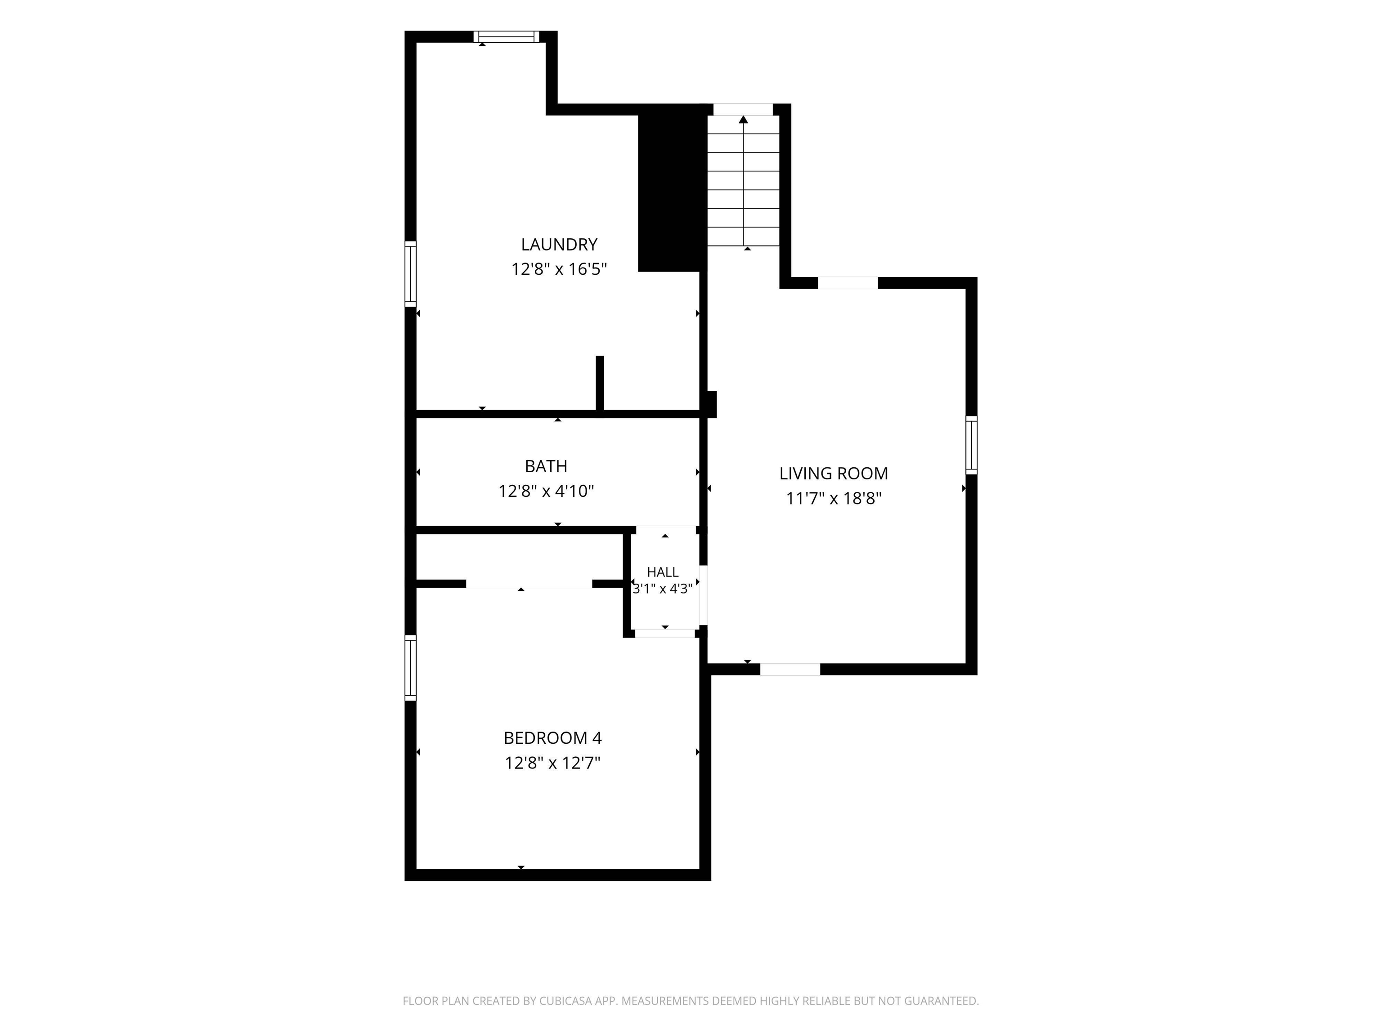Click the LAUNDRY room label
point(559,244)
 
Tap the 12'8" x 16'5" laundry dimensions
point(559,269)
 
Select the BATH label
point(546,466)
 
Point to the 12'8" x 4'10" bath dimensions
point(546,491)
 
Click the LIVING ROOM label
point(834,473)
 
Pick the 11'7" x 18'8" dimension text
point(834,498)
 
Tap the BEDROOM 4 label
point(553,738)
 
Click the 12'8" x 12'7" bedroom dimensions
point(553,763)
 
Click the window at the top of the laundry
point(506,37)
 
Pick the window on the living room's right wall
point(972,445)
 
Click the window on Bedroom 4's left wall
point(410,668)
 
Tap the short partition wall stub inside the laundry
point(600,384)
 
